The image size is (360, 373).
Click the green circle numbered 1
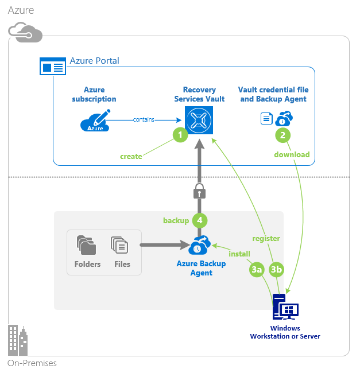click(x=181, y=135)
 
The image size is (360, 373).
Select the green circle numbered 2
click(x=282, y=135)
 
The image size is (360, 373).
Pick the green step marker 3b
click(x=277, y=269)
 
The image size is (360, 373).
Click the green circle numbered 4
click(x=199, y=220)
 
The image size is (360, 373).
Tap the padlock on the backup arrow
click(x=199, y=191)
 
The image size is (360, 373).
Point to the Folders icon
click(x=87, y=246)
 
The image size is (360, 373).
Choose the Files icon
click(x=120, y=246)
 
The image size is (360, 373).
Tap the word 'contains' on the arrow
click(x=143, y=119)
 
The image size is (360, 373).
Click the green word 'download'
click(x=292, y=154)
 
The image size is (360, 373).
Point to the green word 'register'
click(x=266, y=238)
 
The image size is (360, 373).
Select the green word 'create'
click(x=131, y=156)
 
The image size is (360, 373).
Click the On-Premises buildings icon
click(x=18, y=341)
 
